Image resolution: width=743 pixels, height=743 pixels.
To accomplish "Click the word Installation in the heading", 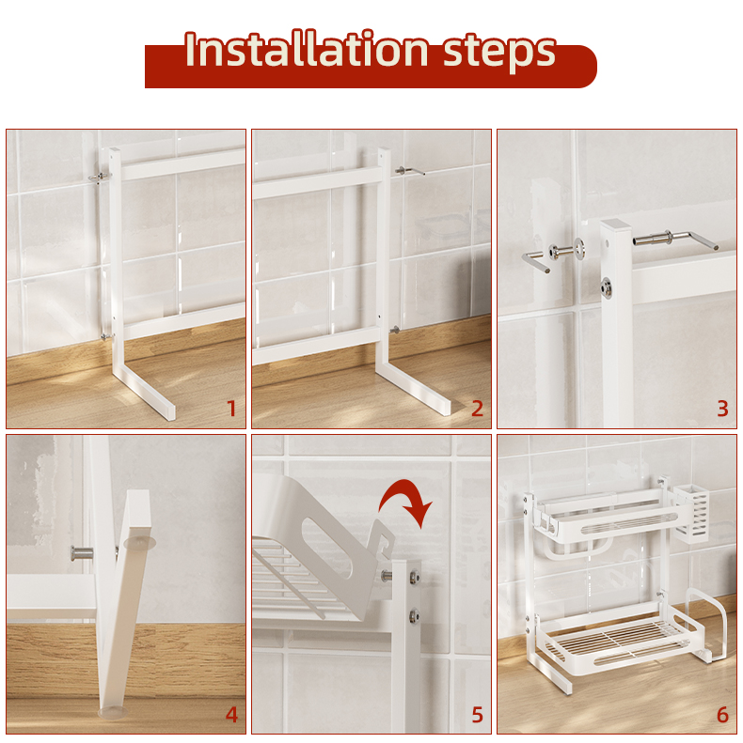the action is coord(307,50).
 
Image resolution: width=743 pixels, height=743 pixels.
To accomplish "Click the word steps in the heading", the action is coord(499,53).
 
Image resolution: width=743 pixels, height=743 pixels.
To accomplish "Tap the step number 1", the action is coord(231,409).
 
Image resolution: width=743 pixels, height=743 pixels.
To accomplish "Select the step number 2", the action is coord(477,409).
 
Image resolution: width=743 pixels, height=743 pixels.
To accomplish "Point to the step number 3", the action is coord(722,409).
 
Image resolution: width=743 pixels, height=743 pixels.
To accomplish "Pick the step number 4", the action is coord(231,715).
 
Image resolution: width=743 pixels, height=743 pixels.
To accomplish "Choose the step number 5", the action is coord(477,715).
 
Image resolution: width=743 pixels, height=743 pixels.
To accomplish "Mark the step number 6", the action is coord(722,715).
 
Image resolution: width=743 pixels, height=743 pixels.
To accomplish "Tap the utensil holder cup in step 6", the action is coord(691,514).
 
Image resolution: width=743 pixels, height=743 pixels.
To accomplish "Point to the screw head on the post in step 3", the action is coord(606,286).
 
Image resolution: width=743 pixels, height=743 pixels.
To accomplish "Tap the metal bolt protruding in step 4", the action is coord(82,552).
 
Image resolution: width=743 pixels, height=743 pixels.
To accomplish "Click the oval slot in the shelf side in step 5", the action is coord(327,549).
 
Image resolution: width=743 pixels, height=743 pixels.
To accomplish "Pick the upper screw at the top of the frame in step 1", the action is coord(100,178).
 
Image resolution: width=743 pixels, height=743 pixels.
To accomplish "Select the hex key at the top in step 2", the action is coord(410,171).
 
